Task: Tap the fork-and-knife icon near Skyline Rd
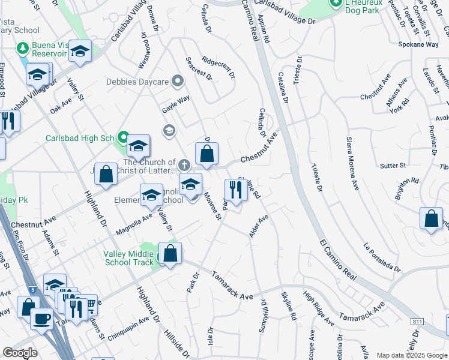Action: tap(235, 190)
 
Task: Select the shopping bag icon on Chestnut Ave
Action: tap(206, 154)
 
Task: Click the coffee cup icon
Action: tap(41, 317)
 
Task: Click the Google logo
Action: tap(20, 353)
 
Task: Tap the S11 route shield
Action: tap(417, 322)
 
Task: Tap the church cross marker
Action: tap(184, 164)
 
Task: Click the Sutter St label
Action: tap(393, 165)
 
